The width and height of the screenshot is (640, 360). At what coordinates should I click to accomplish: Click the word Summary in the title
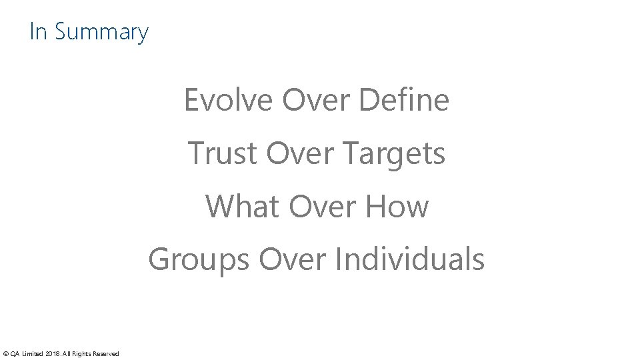(102, 32)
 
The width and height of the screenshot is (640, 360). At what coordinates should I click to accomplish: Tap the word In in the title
(38, 31)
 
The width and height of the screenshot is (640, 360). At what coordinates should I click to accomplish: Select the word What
(242, 206)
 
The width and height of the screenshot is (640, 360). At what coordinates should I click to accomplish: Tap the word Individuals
(409, 259)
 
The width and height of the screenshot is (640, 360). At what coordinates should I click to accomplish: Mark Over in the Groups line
(291, 259)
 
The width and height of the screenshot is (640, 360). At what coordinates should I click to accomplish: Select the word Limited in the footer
(33, 353)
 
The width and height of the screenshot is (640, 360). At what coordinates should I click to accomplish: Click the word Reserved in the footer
(106, 353)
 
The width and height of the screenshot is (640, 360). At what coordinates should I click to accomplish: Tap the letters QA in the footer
(15, 353)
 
